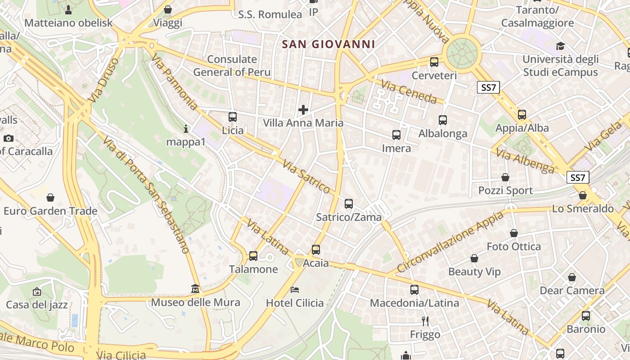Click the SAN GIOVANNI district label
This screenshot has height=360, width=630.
(x=328, y=44)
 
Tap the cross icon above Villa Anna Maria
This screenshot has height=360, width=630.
(x=303, y=109)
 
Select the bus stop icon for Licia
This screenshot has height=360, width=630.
(x=232, y=117)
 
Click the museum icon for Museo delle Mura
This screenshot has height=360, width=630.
(x=195, y=288)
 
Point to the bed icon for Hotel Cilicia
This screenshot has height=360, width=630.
(x=295, y=289)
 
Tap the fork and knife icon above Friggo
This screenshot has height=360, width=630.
(x=425, y=321)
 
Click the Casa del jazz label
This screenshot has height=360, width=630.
(x=37, y=305)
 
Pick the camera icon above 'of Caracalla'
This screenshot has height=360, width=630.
(x=9, y=138)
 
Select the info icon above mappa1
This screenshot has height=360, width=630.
(x=186, y=129)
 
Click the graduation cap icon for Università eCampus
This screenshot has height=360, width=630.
(x=560, y=46)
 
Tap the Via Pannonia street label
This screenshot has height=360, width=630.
(x=175, y=81)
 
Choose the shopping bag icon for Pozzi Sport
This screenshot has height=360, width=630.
(x=505, y=177)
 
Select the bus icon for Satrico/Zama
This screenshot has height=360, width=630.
(x=349, y=204)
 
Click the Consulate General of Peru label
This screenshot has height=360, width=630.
(x=232, y=66)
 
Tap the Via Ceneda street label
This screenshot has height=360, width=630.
(x=409, y=91)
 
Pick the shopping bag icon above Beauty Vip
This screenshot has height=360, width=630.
(x=474, y=258)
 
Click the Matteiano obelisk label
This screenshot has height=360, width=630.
(x=68, y=22)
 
